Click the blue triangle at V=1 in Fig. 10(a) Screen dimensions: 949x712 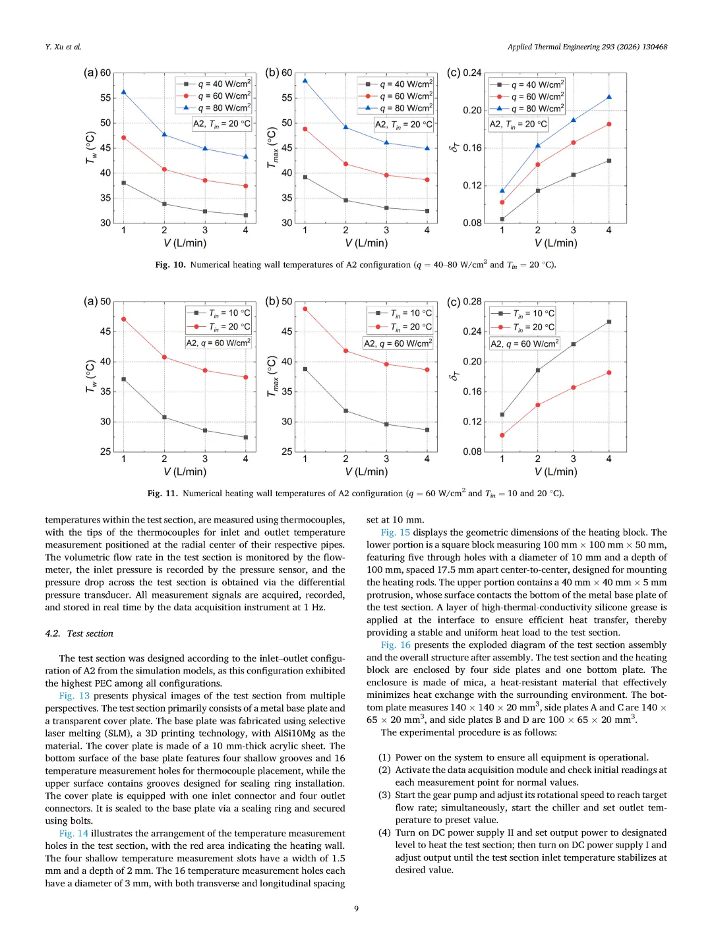123,92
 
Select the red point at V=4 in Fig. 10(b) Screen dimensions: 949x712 427,180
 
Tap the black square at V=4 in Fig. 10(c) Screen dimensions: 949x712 609,161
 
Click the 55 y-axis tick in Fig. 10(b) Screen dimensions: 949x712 287,98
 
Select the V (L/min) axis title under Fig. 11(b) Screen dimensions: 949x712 367,472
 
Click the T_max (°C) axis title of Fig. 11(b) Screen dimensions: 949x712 272,376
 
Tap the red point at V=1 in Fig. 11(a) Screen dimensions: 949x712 123,319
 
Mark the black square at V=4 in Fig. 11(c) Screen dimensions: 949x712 609,322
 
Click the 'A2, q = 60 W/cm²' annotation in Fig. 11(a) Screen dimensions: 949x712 218,343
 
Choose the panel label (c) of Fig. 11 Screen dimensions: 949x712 454,302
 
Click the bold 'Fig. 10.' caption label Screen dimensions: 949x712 171,265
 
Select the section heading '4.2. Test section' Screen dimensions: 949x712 79,633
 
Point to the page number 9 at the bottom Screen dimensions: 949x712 357,909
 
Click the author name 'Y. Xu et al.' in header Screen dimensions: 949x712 63,47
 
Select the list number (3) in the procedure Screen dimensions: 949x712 384,795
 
